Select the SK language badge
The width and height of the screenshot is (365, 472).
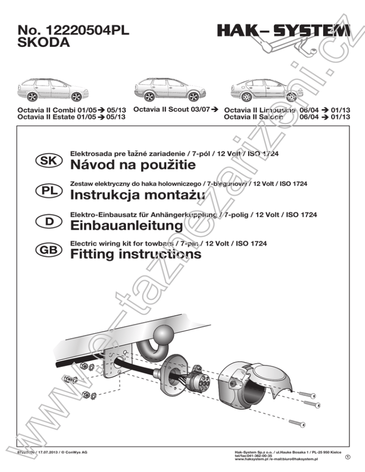tap(48, 161)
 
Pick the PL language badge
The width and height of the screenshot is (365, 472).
tap(48, 191)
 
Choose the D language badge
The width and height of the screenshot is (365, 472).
tap(48, 221)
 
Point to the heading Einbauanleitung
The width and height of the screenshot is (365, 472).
tap(126, 225)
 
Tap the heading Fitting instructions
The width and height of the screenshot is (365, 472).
tap(135, 255)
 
